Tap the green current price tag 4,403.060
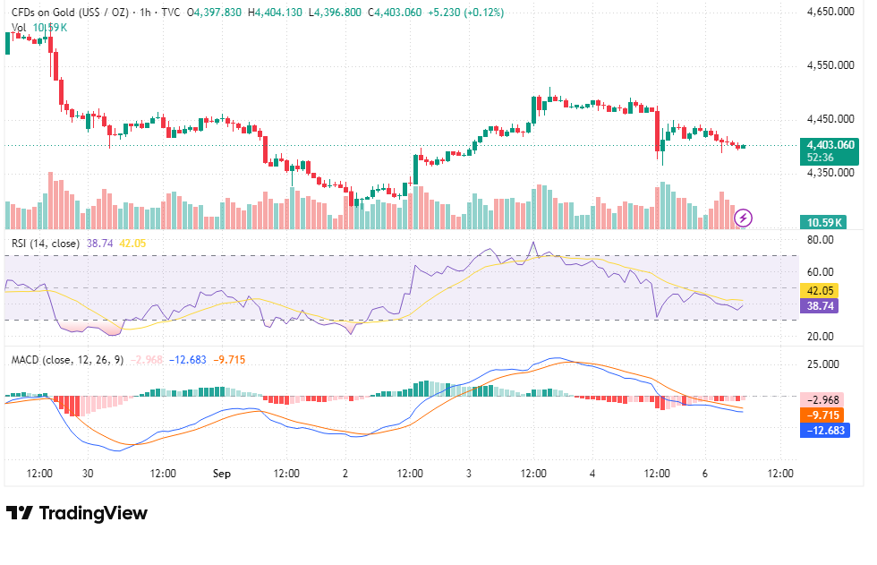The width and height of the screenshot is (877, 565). coord(829,151)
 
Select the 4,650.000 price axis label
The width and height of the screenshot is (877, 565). coord(830,12)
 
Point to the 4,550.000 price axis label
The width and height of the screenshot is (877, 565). coord(830,65)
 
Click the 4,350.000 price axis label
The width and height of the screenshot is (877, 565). coord(830,173)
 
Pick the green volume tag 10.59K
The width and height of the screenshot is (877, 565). coord(822,223)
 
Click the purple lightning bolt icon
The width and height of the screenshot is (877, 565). coord(744,218)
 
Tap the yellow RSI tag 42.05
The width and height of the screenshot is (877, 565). coord(820,291)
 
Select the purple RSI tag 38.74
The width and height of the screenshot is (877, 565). coord(820,306)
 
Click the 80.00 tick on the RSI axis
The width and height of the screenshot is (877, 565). coord(821,240)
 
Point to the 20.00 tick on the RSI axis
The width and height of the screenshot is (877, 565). coord(821,336)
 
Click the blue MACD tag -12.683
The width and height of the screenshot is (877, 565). coord(825,430)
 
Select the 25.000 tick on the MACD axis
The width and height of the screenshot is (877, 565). coord(823,364)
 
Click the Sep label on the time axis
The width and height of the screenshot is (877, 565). coord(222,474)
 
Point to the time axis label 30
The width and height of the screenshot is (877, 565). coord(88,474)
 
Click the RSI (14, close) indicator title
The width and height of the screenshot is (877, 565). coord(46,244)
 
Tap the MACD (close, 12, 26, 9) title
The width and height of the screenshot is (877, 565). coord(68,360)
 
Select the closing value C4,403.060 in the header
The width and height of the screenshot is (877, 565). coord(395,13)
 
